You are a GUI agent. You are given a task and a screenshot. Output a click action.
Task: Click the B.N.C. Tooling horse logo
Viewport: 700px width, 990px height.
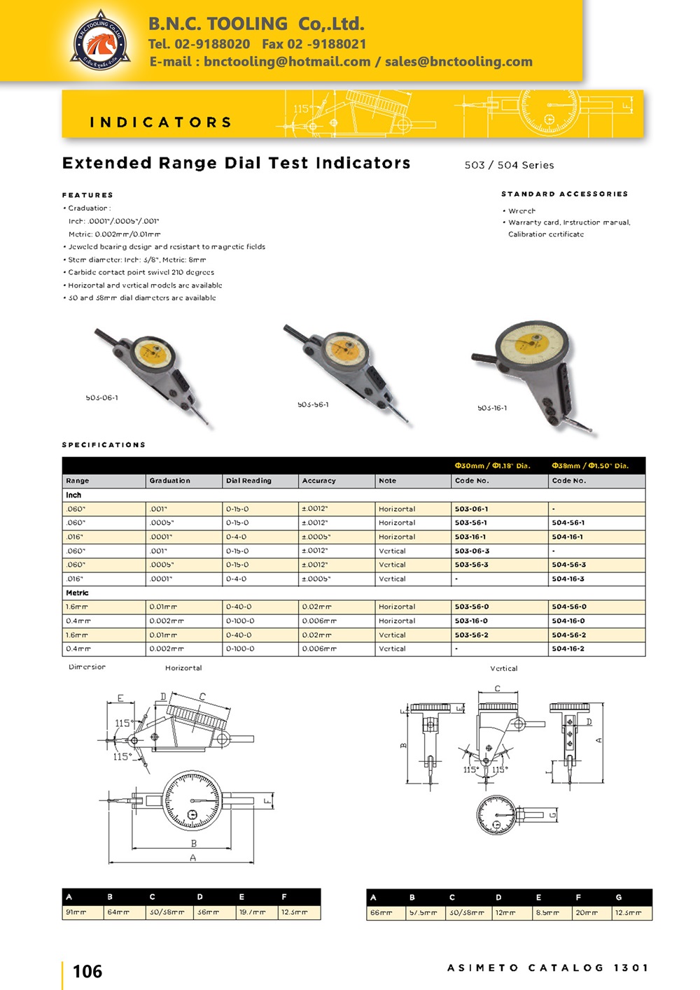tap(101, 41)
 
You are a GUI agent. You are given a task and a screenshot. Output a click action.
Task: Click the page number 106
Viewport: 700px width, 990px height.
tap(87, 971)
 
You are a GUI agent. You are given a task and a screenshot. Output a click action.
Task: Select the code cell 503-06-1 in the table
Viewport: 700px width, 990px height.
tap(471, 509)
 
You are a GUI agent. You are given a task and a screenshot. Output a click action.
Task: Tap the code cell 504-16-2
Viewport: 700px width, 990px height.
tap(568, 649)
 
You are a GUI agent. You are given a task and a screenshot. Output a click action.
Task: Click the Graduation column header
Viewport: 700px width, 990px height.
tap(169, 481)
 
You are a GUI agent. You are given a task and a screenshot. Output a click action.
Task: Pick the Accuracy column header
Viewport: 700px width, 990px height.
tap(318, 481)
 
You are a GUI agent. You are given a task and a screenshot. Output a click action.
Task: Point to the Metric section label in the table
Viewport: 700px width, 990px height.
tap(77, 593)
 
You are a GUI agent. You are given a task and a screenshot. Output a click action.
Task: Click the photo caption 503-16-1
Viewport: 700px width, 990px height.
tap(492, 408)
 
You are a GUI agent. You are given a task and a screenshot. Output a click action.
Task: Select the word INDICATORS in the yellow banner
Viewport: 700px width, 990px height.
tap(161, 122)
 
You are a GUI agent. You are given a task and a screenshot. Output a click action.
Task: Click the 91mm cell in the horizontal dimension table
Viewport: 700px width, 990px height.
tap(76, 912)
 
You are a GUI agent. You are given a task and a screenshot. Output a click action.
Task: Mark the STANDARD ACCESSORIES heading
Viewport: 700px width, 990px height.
tap(564, 194)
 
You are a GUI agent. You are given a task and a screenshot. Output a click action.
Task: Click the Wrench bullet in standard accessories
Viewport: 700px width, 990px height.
tap(521, 211)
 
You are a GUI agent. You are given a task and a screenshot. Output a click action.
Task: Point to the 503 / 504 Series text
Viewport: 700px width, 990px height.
tap(509, 165)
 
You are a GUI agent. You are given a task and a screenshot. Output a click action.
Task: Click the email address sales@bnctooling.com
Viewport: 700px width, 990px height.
tap(458, 62)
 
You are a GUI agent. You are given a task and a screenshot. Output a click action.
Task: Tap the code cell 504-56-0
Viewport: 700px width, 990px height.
tap(568, 607)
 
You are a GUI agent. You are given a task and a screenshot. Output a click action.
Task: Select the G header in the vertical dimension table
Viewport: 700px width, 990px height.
tap(618, 897)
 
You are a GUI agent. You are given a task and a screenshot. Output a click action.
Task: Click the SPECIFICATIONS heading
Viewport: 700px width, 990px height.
tap(104, 445)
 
